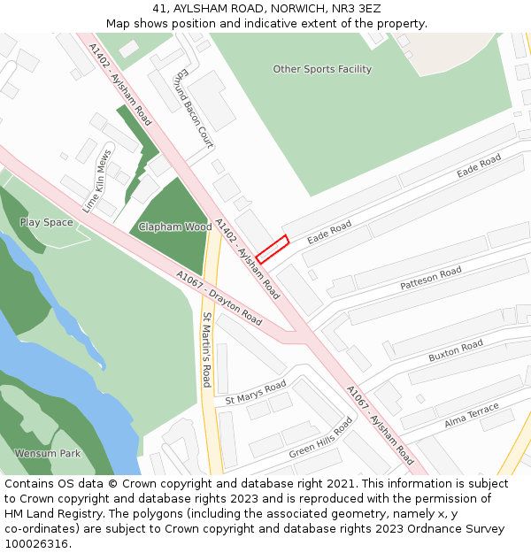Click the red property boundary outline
click(x=273, y=249)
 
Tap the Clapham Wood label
click(x=175, y=227)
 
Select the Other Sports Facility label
click(x=322, y=69)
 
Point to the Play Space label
click(x=46, y=223)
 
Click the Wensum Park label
click(x=47, y=454)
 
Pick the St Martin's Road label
click(x=207, y=349)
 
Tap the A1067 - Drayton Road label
click(x=219, y=298)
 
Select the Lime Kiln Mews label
click(x=97, y=181)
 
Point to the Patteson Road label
click(x=431, y=279)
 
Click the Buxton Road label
click(x=456, y=350)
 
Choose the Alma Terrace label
click(x=472, y=414)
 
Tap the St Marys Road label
click(x=256, y=392)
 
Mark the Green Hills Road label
click(x=320, y=438)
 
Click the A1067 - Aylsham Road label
click(x=380, y=425)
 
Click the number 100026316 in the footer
click(x=36, y=544)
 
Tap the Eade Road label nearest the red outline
click(x=329, y=233)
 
